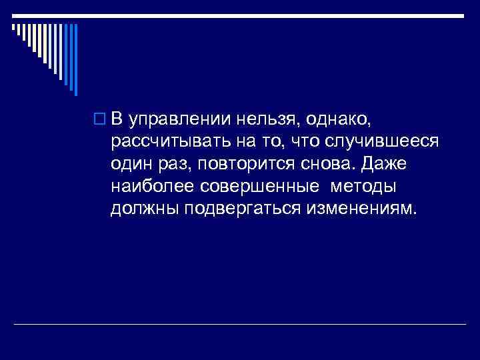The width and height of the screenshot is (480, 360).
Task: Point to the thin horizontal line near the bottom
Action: point(240,324)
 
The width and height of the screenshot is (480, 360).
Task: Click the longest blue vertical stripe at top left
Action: point(75,59)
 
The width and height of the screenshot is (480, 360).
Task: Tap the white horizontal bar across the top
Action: point(240,15)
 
